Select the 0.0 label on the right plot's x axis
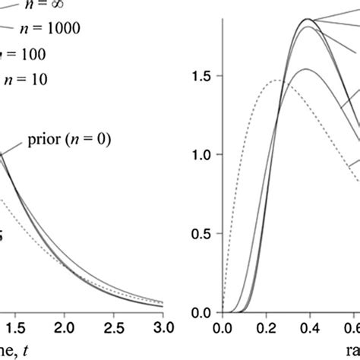(222, 328)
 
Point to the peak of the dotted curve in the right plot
(276, 80)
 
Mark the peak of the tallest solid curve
(307, 19)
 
